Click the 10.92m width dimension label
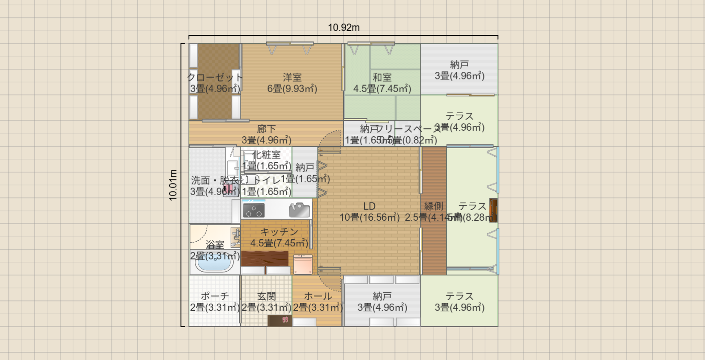click(344, 28)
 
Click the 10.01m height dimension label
click(173, 185)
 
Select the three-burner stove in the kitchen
click(253, 210)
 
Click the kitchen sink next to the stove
click(299, 210)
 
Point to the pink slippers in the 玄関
click(285, 319)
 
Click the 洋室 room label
click(292, 77)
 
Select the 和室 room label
click(382, 77)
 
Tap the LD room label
click(369, 206)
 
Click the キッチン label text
click(279, 232)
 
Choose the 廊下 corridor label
click(266, 129)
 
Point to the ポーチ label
click(214, 296)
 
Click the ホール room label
click(317, 296)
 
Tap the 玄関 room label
click(266, 296)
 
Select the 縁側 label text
click(433, 206)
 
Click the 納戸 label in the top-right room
click(459, 64)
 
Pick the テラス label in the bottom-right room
click(459, 296)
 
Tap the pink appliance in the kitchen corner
click(303, 264)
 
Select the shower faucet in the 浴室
click(235, 237)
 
